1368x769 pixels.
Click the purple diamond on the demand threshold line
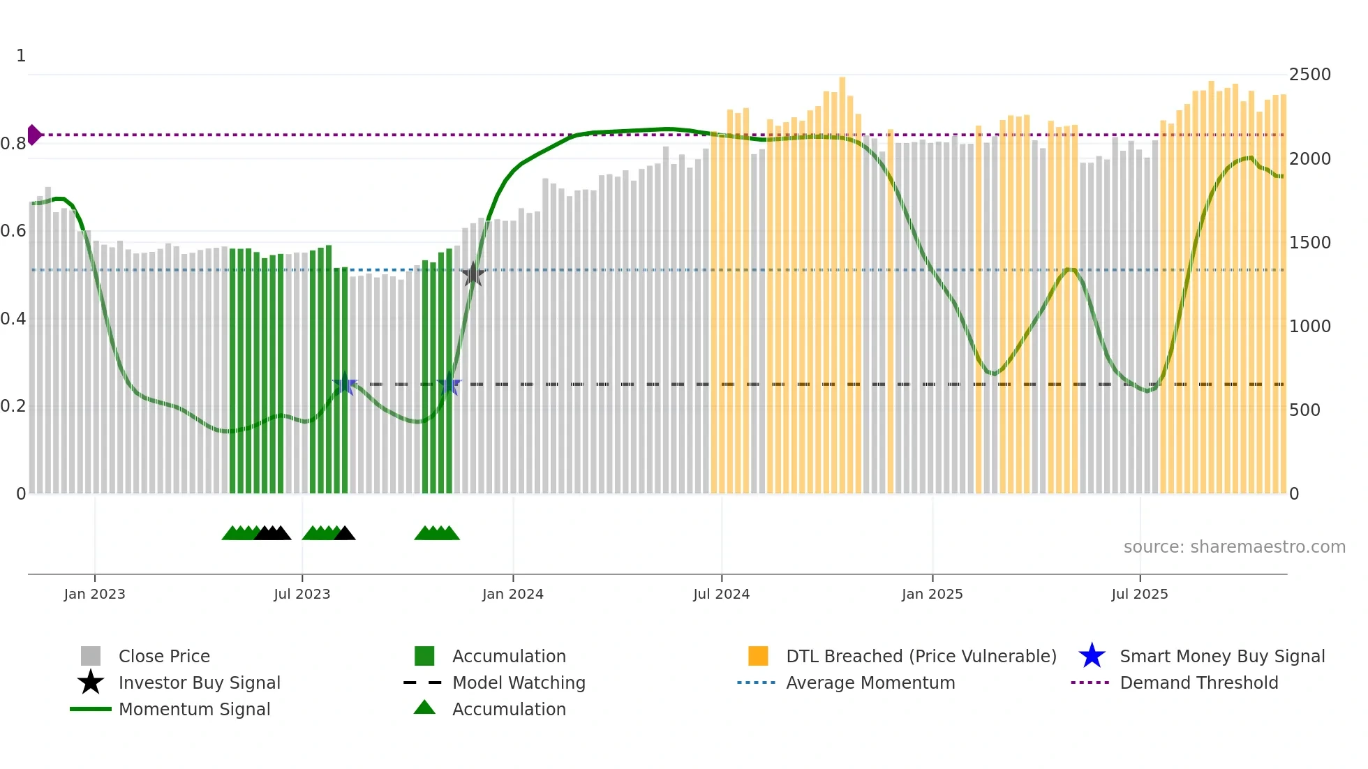pyautogui.click(x=34, y=135)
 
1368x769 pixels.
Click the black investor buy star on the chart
pyautogui.click(x=473, y=274)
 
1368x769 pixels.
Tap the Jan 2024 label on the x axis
pyautogui.click(x=512, y=594)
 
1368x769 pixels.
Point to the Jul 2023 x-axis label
pyautogui.click(x=302, y=594)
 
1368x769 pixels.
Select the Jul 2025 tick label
pyautogui.click(x=1139, y=594)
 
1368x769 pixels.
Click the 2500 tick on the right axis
pyautogui.click(x=1309, y=75)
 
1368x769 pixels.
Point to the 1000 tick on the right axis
pyautogui.click(x=1309, y=327)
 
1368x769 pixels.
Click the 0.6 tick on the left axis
pyautogui.click(x=13, y=231)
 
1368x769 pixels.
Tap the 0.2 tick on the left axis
pyautogui.click(x=13, y=406)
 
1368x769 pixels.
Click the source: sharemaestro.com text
pyautogui.click(x=1234, y=547)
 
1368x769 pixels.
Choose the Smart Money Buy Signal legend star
pyautogui.click(x=1092, y=656)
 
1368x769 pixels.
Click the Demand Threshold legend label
pyautogui.click(x=1198, y=682)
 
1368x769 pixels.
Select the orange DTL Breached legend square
pyautogui.click(x=758, y=656)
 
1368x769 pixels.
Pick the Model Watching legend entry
pyautogui.click(x=519, y=682)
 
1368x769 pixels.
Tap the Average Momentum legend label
pyautogui.click(x=870, y=682)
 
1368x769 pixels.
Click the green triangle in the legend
pyautogui.click(x=424, y=708)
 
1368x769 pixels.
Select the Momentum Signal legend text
pyautogui.click(x=194, y=709)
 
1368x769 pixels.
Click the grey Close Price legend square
pyautogui.click(x=91, y=656)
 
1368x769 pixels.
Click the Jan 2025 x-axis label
pyautogui.click(x=932, y=594)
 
